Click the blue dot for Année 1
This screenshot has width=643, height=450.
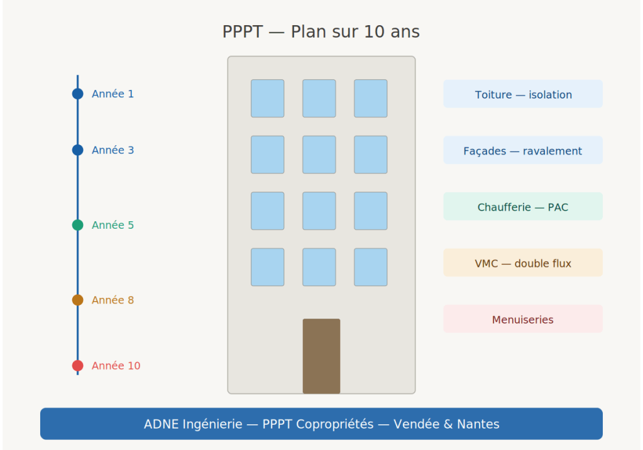(78, 94)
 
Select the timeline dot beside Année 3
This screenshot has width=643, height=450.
(78, 150)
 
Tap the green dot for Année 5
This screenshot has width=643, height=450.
(78, 225)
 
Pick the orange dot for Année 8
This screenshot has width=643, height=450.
(78, 300)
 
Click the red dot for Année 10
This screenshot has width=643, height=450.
(78, 366)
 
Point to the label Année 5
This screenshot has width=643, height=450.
(113, 225)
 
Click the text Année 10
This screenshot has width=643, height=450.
(116, 366)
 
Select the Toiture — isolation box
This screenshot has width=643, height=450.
(523, 94)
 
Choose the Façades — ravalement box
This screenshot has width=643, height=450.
(523, 151)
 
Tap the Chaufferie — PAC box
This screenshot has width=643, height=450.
(523, 207)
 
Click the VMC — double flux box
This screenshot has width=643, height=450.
(523, 263)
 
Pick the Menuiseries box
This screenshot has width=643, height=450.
(523, 319)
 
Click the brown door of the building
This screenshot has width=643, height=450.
(321, 356)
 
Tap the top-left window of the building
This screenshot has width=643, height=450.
(268, 99)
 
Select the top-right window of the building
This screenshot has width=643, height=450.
(371, 99)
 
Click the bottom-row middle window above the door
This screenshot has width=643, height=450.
(319, 267)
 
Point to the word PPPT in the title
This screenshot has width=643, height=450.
(242, 32)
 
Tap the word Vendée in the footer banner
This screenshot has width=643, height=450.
(417, 424)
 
